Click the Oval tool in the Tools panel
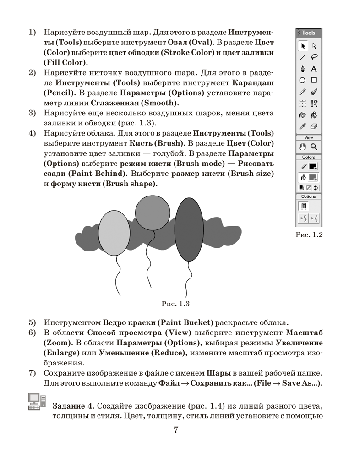302,81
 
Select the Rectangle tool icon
314,81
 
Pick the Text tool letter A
314,69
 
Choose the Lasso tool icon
314,57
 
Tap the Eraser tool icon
314,126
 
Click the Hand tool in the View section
302,147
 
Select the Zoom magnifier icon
314,147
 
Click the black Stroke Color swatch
313,167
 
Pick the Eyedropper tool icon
302,126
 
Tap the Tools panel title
309,33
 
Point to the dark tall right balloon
189,229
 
